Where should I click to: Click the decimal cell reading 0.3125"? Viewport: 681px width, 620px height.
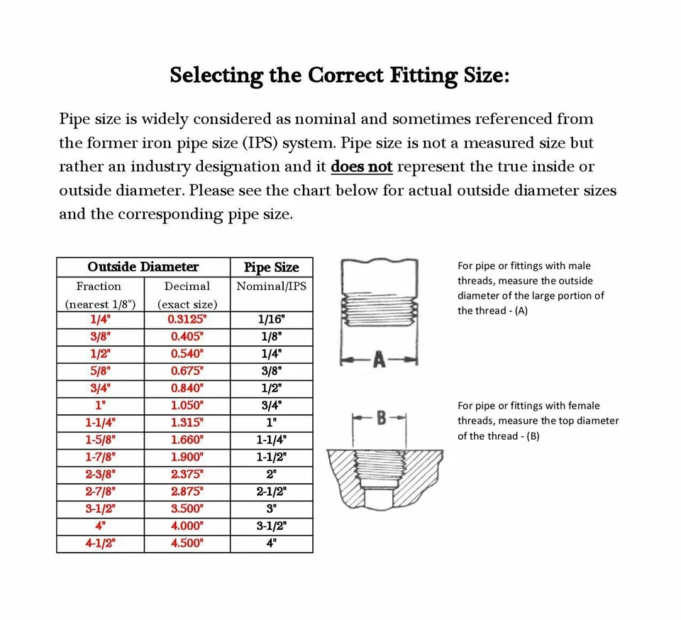[187, 319]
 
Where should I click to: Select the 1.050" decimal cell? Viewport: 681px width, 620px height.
[187, 406]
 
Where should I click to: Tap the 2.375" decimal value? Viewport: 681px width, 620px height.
[187, 475]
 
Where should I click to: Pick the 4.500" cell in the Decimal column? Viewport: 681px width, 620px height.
[187, 543]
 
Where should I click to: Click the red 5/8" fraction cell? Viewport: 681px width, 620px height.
[101, 371]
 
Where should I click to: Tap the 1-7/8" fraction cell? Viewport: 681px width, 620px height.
[101, 458]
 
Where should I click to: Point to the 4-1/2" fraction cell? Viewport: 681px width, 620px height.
[101, 543]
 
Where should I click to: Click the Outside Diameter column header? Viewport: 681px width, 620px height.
[143, 267]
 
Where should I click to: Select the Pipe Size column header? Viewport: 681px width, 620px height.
[271, 267]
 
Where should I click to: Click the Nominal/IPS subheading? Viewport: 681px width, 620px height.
[271, 287]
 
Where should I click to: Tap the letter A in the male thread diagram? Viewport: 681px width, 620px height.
[378, 361]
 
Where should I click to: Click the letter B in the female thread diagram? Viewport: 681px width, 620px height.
[380, 418]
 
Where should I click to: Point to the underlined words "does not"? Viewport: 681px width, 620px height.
[362, 167]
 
